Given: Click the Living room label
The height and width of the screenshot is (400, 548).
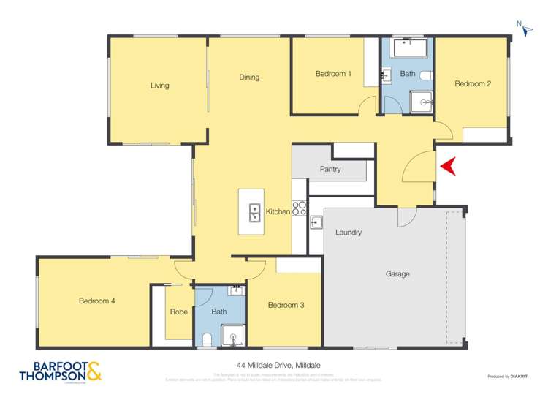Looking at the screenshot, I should (x=159, y=86).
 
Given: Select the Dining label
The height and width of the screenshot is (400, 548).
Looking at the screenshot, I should (x=249, y=77).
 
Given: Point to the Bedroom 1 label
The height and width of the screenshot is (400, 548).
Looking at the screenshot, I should (x=333, y=74).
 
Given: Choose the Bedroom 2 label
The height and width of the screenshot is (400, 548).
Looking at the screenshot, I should (x=472, y=83).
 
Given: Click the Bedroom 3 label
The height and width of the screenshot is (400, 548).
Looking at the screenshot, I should (x=285, y=305).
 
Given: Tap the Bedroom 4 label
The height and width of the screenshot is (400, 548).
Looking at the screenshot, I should (x=97, y=301).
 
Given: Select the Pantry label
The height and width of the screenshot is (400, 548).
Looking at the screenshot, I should (x=330, y=169).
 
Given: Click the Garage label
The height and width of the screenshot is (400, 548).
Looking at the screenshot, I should (x=397, y=274).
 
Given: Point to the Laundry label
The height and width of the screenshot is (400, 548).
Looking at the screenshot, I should (x=349, y=233).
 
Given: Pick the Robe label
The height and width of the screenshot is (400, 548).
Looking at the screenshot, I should (x=178, y=312).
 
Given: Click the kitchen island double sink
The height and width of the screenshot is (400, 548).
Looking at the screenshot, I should (x=254, y=212).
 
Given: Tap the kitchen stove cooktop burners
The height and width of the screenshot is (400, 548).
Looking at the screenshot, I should (x=299, y=208).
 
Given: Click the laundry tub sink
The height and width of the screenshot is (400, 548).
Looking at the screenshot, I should (x=316, y=222).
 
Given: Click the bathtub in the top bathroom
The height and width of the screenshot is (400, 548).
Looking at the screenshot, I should (x=407, y=49).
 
